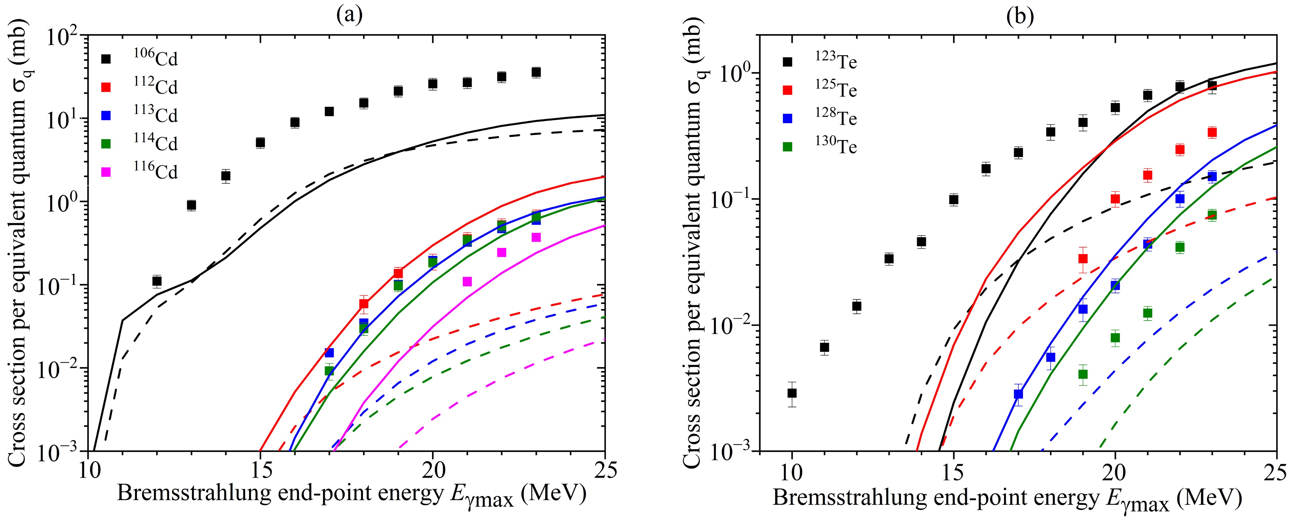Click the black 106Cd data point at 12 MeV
157,281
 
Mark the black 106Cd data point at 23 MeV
536,72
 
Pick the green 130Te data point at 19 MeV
1083,374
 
